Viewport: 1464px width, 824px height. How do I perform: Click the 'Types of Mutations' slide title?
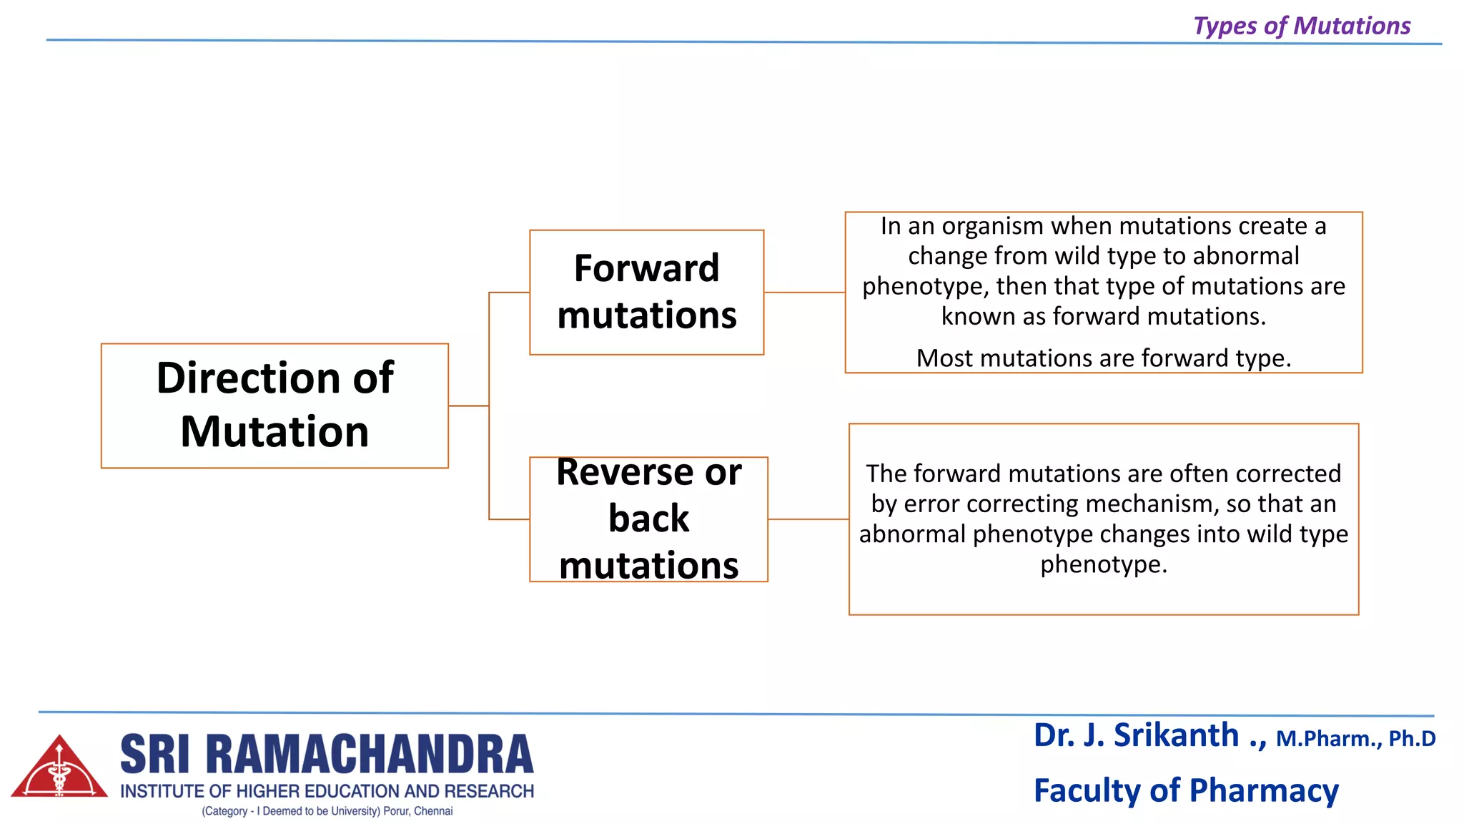[1302, 26]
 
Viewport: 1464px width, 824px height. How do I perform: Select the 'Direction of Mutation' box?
[274, 406]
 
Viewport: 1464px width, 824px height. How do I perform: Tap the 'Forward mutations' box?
[646, 292]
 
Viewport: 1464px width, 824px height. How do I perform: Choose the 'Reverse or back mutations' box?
[648, 519]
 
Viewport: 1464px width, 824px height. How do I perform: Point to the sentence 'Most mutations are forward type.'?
[1104, 358]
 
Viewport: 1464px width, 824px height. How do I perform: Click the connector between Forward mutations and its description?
[804, 292]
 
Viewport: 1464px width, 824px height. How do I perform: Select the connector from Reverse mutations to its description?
[808, 519]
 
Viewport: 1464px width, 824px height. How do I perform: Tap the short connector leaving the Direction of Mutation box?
[468, 406]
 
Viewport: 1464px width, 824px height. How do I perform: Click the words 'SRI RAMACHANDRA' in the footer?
[327, 755]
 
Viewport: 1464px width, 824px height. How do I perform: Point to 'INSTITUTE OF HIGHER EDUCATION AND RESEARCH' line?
[327, 791]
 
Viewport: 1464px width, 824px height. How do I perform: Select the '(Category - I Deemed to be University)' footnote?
[327, 811]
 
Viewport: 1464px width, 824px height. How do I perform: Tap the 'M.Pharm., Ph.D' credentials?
[1355, 739]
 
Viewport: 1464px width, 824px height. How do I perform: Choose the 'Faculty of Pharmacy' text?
[1186, 790]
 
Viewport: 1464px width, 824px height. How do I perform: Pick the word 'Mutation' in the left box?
[274, 432]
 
